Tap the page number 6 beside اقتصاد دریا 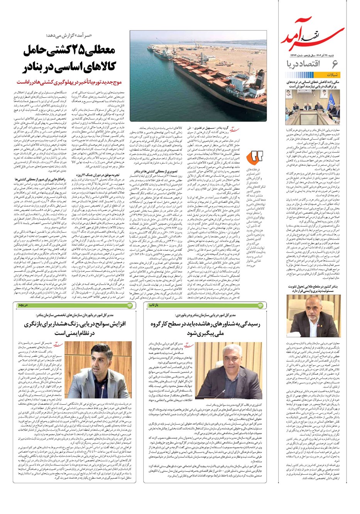coord(334,64)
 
